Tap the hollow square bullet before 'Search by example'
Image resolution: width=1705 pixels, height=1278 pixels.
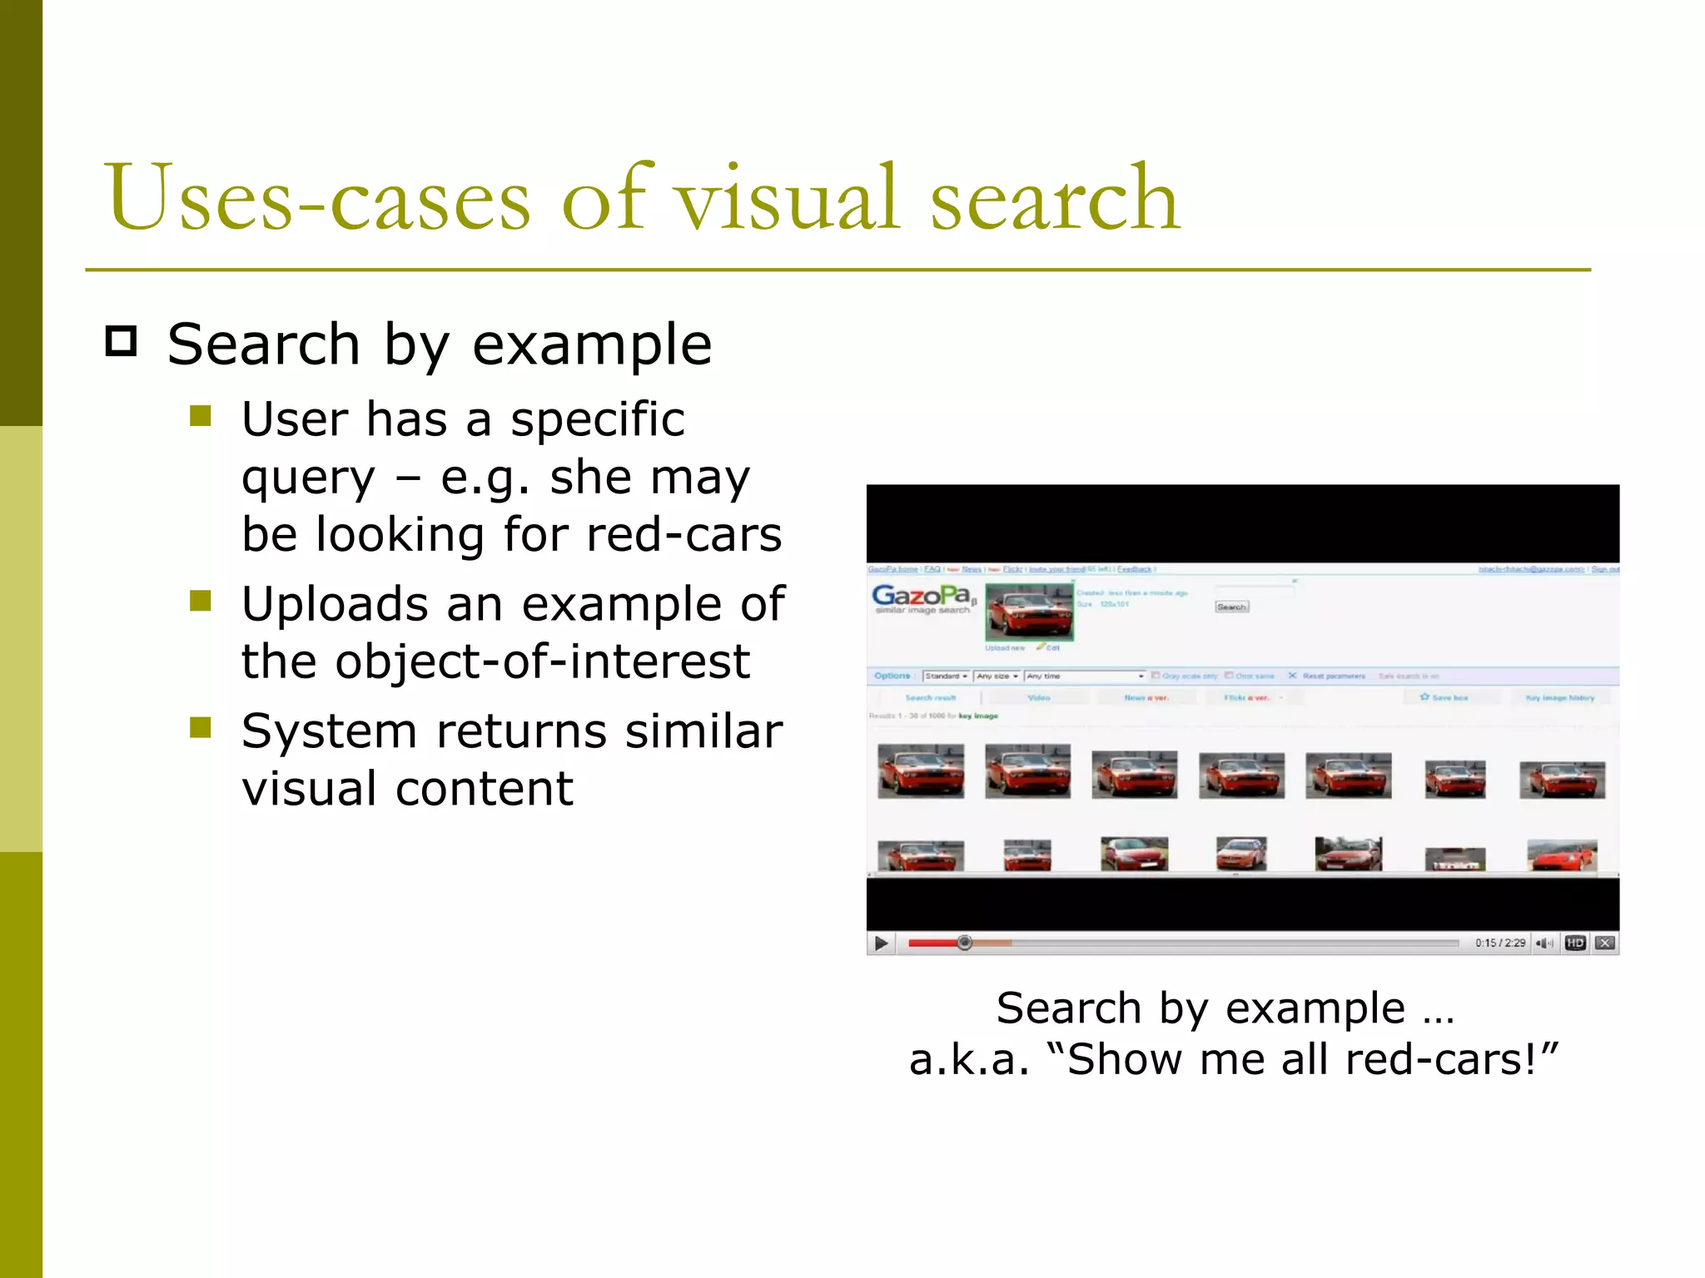click(x=122, y=342)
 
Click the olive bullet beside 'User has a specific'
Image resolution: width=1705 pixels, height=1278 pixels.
click(x=201, y=415)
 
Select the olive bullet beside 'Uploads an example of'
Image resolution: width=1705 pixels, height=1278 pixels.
click(x=201, y=601)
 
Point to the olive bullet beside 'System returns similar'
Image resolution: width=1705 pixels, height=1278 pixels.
click(x=201, y=728)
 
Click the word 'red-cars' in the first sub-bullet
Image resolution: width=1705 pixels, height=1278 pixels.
click(x=683, y=534)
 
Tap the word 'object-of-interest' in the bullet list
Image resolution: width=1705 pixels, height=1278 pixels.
click(x=542, y=661)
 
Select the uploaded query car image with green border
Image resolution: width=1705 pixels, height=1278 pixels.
click(x=1029, y=612)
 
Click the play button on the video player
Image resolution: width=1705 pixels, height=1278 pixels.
click(x=881, y=943)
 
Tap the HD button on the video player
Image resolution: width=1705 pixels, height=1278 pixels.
click(x=1574, y=943)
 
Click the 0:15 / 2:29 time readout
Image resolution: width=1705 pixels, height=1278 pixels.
click(x=1500, y=943)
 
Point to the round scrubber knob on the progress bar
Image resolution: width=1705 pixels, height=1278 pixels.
click(x=964, y=943)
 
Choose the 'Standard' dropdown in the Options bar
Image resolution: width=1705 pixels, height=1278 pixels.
click(x=946, y=676)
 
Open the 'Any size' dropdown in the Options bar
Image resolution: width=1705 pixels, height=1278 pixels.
click(x=997, y=676)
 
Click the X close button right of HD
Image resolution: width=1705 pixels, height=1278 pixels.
click(x=1605, y=943)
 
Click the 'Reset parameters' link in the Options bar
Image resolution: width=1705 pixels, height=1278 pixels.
click(x=1333, y=676)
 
